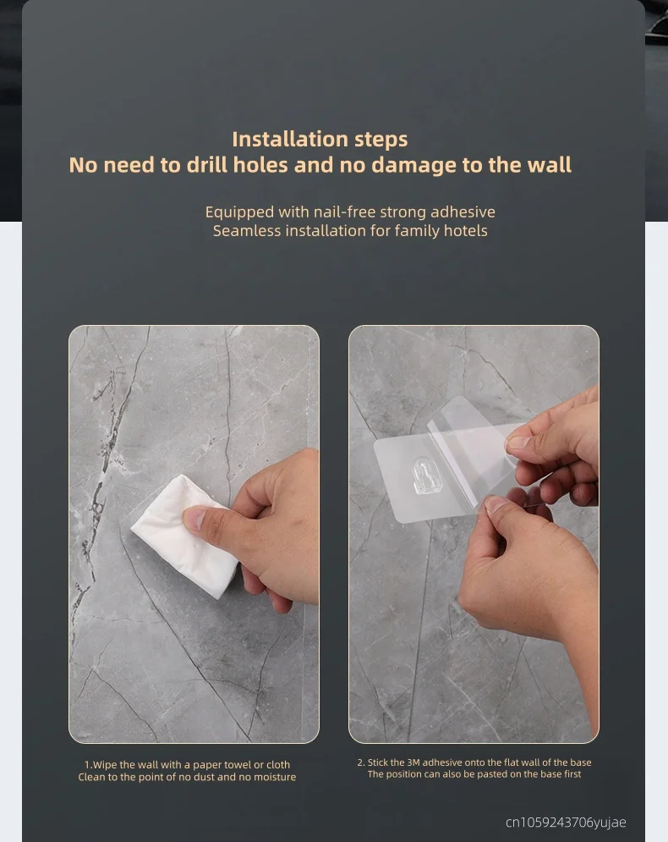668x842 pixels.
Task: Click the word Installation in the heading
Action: click(x=282, y=139)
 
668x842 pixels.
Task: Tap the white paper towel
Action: click(x=183, y=536)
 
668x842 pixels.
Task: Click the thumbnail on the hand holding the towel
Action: click(x=194, y=518)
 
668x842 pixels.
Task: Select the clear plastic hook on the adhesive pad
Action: click(x=424, y=475)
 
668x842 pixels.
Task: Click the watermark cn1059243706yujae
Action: click(x=566, y=823)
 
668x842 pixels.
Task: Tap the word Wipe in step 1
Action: click(x=105, y=764)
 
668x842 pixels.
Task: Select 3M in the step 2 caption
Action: click(x=413, y=762)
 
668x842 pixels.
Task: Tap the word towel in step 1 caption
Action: click(x=238, y=765)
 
